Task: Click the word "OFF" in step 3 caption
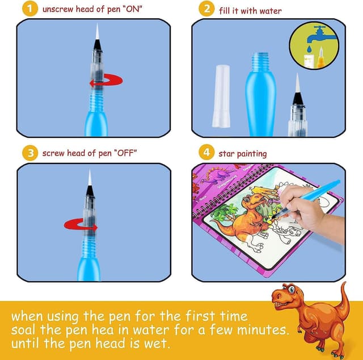click(x=123, y=153)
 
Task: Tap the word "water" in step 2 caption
click(x=269, y=10)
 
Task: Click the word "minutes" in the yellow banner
click(x=259, y=329)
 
